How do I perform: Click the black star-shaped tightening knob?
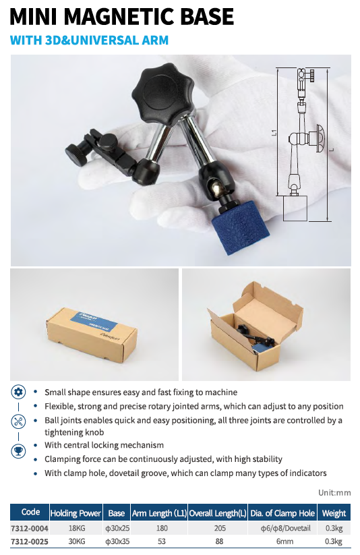point(162,93)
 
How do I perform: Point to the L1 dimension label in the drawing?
point(274,133)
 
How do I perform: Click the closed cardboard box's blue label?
point(94,320)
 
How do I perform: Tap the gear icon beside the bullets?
point(18,392)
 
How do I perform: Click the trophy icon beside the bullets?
point(18,451)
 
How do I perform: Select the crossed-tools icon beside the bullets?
point(18,421)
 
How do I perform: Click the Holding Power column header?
point(76,513)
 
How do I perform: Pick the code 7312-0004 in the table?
point(30,529)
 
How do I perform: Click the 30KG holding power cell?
point(76,542)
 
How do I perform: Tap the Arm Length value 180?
point(162,528)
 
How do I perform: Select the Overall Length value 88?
point(220,542)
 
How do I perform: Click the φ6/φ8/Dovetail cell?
point(285,528)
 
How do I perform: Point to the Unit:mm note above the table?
point(334,492)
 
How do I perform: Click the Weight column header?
point(334,513)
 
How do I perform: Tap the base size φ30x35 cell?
point(117,542)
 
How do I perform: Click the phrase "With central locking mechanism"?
point(104,445)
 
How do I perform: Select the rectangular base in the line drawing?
point(295,208)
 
